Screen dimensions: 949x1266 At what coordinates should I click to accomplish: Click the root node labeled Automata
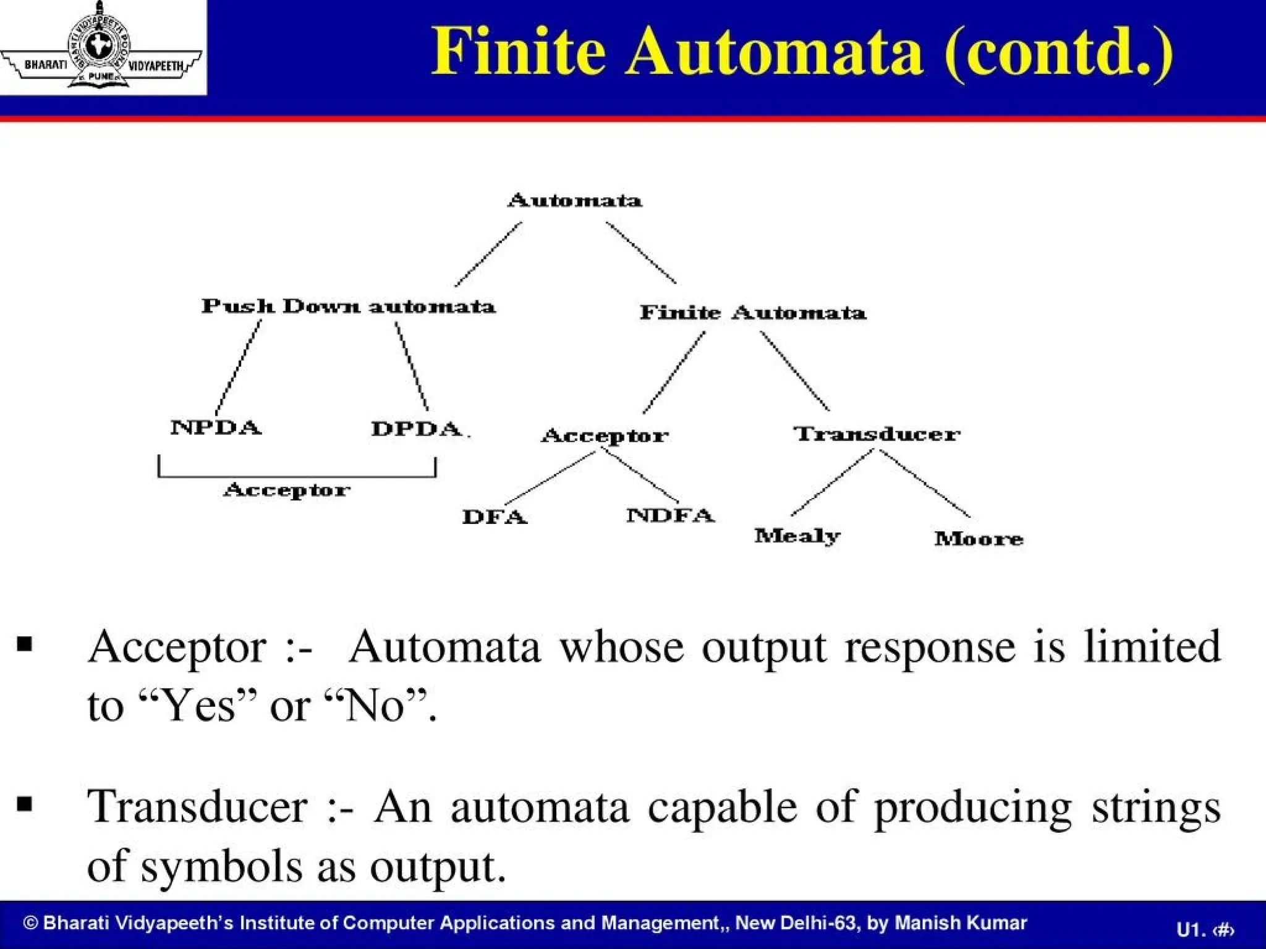coord(575,201)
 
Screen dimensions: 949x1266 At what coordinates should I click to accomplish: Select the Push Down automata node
coord(349,306)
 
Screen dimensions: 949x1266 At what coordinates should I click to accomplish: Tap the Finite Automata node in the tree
coord(752,313)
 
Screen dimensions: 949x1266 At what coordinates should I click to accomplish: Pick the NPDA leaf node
coord(216,428)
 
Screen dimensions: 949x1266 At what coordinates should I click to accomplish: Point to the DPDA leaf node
coord(417,429)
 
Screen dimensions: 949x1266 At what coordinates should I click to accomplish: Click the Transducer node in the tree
coord(877,434)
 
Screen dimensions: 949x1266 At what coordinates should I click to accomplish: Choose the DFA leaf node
coord(495,517)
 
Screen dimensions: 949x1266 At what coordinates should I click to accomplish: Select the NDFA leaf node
coord(671,515)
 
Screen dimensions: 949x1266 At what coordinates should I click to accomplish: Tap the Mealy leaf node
coord(797,536)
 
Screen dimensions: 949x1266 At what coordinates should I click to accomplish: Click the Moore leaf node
coord(979,539)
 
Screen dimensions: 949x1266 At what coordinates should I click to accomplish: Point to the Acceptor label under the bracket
coord(287,491)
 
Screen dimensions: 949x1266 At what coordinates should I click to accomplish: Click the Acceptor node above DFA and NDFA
coord(605,436)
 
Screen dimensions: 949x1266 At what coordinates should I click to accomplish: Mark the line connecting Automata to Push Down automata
coord(488,254)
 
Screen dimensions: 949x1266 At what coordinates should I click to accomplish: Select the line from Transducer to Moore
coord(925,483)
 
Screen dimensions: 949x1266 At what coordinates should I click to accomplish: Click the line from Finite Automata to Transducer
coord(794,371)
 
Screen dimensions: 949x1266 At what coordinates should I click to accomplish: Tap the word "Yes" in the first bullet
coord(198,706)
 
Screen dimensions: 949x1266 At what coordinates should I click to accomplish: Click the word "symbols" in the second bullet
coord(222,865)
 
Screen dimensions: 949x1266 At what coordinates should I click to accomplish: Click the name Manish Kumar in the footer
coord(961,923)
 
